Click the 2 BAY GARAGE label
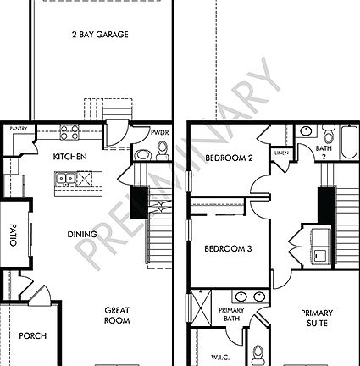[x=100, y=35]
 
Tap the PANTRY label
[x=19, y=129]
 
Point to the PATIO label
[x=13, y=235]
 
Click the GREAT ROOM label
[x=116, y=315]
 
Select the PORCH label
[x=34, y=335]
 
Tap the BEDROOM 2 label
[x=229, y=158]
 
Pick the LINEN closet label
[x=282, y=152]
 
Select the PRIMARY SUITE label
[x=317, y=318]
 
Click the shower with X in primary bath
[x=202, y=303]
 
